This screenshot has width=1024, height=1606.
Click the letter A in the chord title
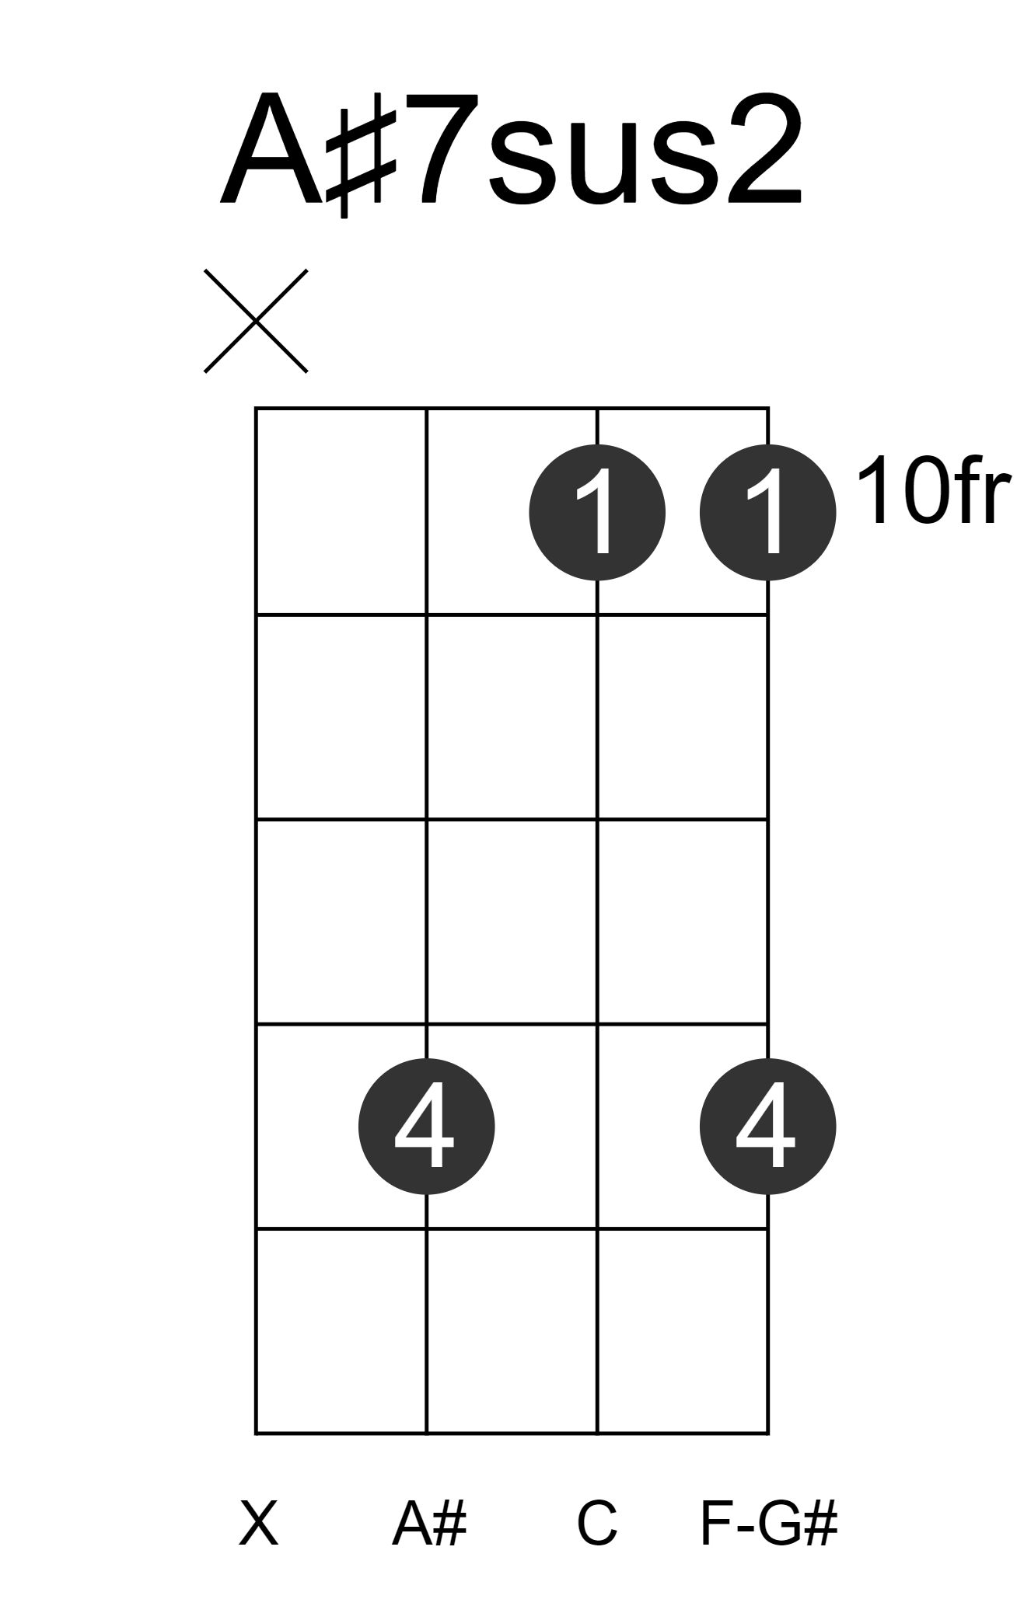pos(271,150)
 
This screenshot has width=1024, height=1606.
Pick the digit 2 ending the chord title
pos(759,149)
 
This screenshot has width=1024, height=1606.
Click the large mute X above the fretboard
pos(256,321)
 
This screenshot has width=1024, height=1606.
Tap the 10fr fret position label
pos(933,492)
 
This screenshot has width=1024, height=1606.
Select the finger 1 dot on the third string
pos(597,512)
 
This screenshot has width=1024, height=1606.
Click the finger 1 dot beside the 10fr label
pos(767,512)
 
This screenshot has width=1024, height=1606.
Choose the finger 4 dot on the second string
pos(427,1127)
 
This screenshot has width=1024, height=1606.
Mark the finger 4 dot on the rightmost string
pos(767,1127)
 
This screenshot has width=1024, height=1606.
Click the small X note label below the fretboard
pos(258,1524)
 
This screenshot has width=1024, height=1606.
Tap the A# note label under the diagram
pos(429,1524)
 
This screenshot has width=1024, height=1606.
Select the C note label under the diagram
pos(597,1524)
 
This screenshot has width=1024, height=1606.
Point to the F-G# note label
pos(769,1524)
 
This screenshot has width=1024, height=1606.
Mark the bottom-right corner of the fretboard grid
pos(768,1432)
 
